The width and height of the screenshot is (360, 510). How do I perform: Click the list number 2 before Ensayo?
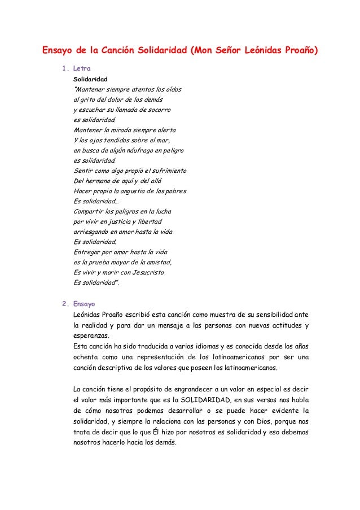pos(64,303)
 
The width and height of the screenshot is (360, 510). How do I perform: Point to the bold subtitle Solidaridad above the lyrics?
pos(91,79)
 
